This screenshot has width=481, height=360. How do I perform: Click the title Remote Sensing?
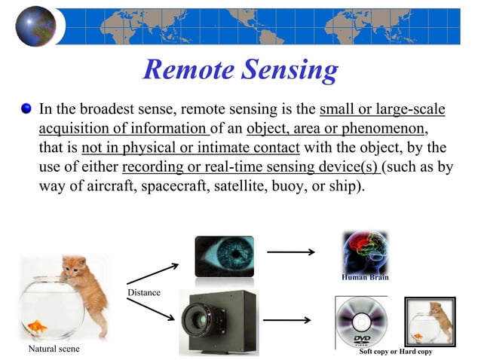pyautogui.click(x=240, y=70)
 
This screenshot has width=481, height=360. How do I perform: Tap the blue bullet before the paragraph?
pyautogui.click(x=27, y=111)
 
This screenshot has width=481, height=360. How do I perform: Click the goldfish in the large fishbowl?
pyautogui.click(x=36, y=325)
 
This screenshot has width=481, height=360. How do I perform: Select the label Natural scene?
pyautogui.click(x=54, y=349)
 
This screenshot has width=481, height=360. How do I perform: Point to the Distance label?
pyautogui.click(x=143, y=291)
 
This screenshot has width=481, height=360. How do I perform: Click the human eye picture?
pyautogui.click(x=224, y=256)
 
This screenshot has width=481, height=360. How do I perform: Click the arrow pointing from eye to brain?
pyautogui.click(x=290, y=252)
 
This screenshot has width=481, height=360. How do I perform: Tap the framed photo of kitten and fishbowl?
pyautogui.click(x=429, y=321)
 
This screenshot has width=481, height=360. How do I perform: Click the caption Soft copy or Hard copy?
pyautogui.click(x=396, y=352)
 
